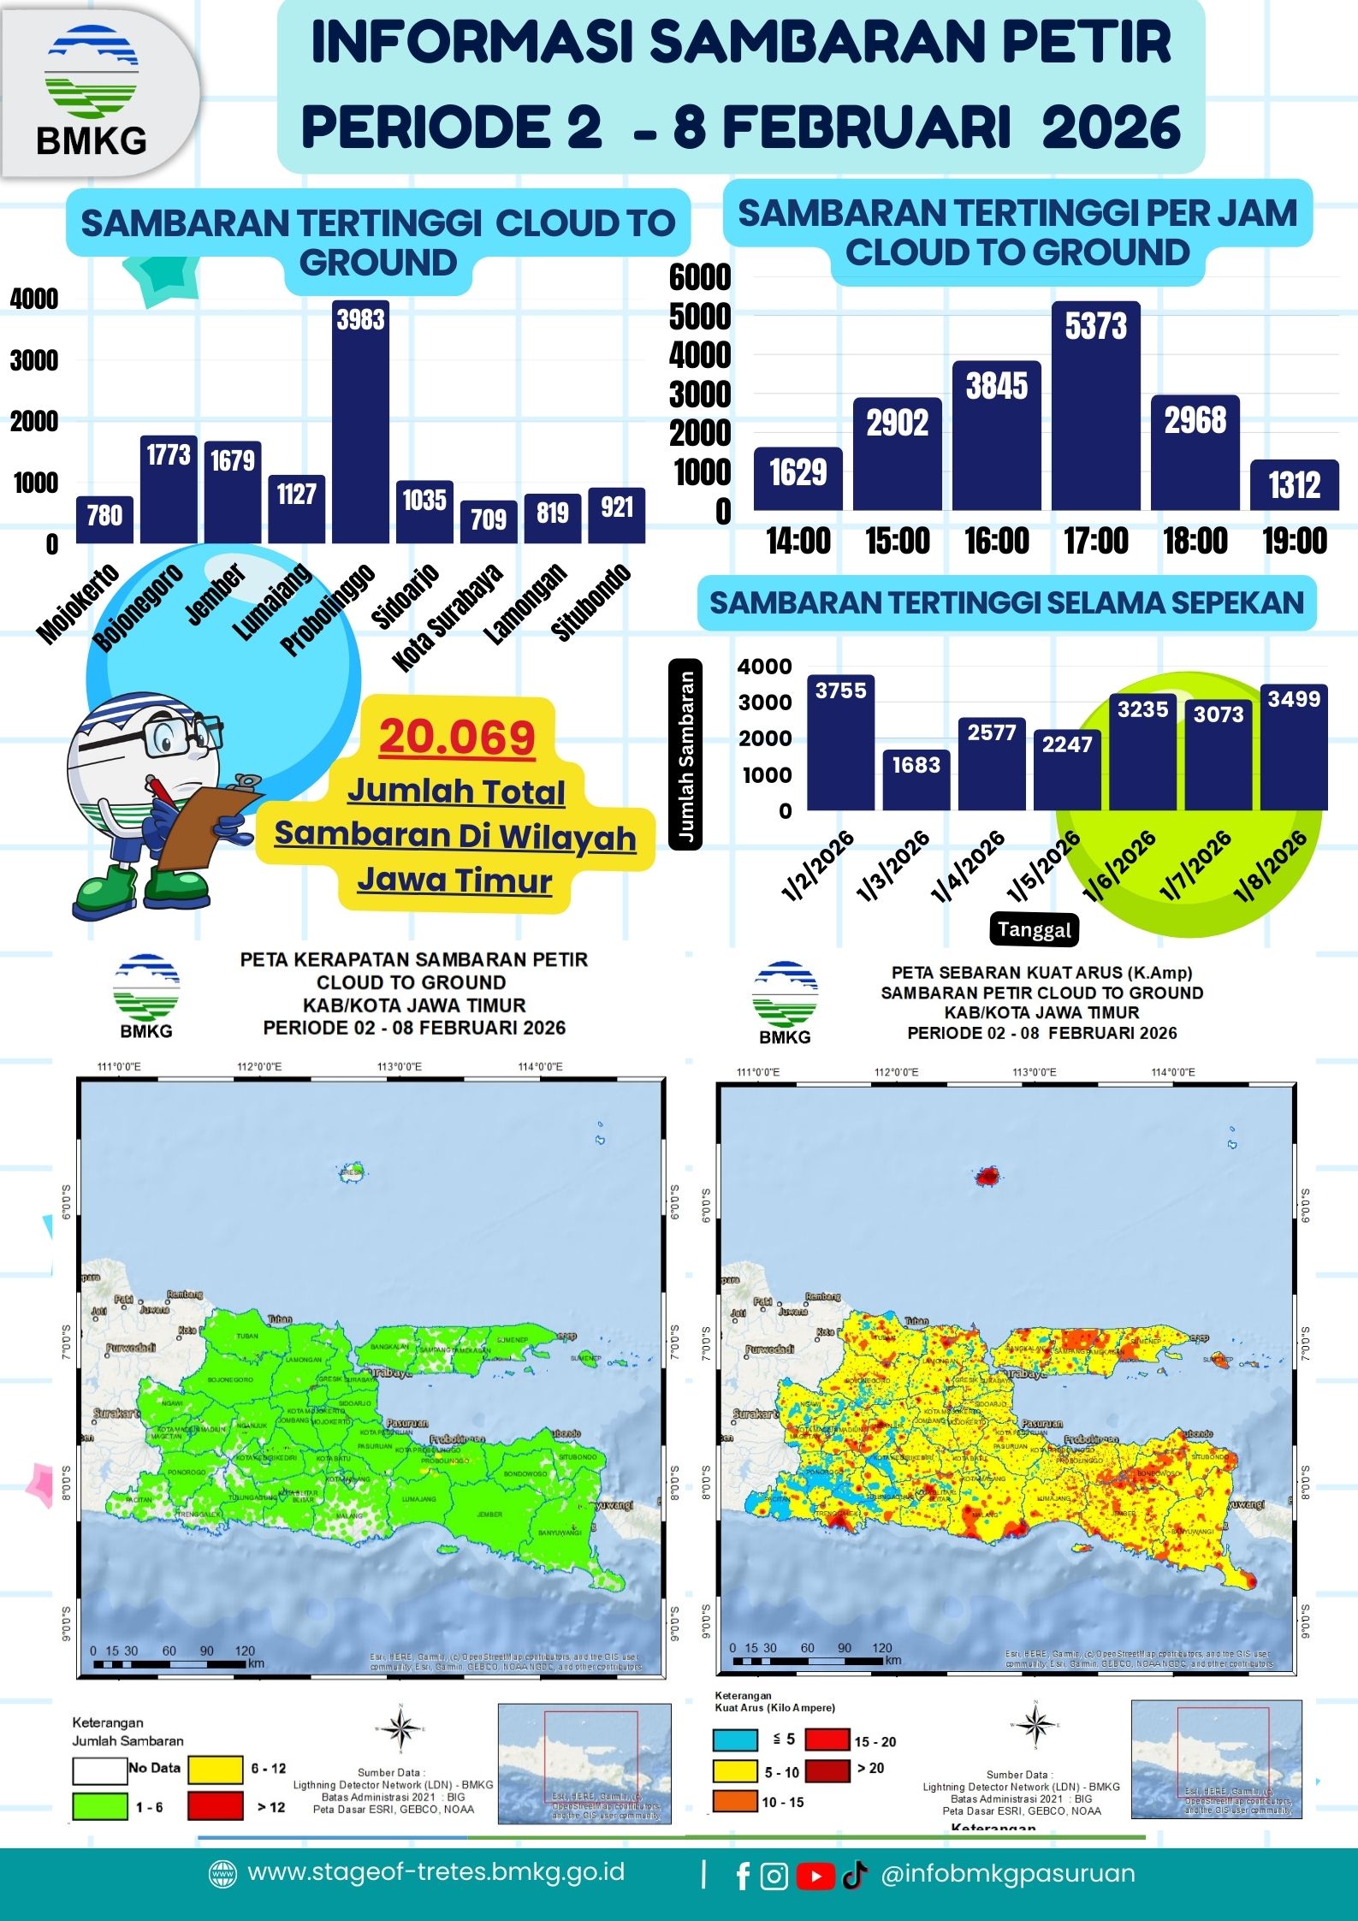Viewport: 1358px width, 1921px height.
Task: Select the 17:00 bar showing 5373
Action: (1095, 406)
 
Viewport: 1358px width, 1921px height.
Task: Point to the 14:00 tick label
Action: (798, 541)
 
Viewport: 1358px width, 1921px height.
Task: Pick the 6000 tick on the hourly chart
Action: (700, 277)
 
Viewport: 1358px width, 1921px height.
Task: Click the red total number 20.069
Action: (457, 737)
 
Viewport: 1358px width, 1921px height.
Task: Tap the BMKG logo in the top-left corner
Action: (92, 91)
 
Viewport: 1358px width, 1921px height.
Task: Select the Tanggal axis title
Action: (1034, 929)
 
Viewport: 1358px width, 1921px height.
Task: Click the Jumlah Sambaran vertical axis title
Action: (686, 755)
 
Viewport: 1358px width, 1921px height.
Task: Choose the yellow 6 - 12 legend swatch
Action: (216, 1769)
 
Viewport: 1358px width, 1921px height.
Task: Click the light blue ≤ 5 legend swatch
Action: (735, 1740)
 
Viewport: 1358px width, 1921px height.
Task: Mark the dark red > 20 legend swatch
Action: (827, 1768)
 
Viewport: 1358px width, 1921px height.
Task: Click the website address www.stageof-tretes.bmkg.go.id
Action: (436, 1872)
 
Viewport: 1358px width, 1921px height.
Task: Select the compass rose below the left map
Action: (400, 1728)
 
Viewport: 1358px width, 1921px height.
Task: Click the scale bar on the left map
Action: (169, 1664)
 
